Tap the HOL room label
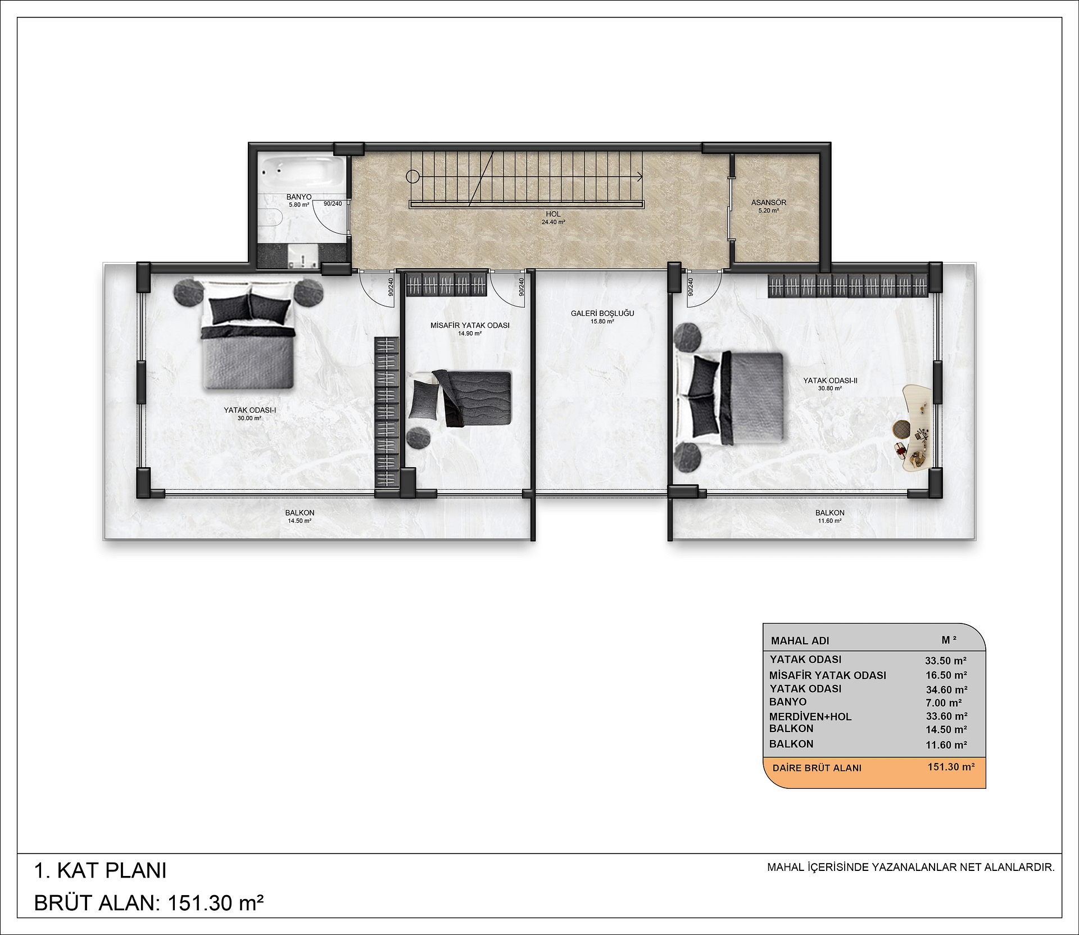(553, 214)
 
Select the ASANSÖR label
(769, 202)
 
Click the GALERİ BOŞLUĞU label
(602, 313)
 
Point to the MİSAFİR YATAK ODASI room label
(470, 326)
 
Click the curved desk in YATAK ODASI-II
(913, 427)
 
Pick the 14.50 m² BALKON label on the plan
(300, 513)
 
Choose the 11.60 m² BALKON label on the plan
(830, 513)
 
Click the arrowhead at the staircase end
(640, 177)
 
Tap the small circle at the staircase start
(412, 177)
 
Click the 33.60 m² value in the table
(946, 716)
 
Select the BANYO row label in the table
(788, 702)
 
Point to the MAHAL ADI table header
(800, 640)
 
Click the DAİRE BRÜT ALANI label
(817, 768)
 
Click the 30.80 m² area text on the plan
(830, 388)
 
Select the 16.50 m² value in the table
(946, 675)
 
